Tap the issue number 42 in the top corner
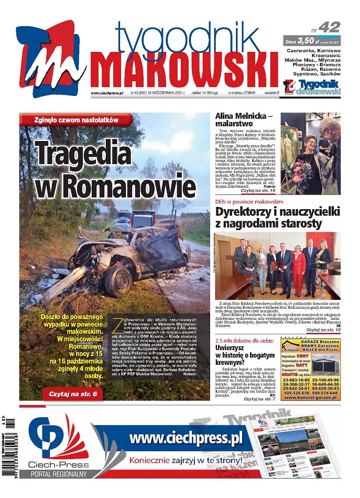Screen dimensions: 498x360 tap(328, 27)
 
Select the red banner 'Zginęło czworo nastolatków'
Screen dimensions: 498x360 tap(74, 120)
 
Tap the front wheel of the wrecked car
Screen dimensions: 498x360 tap(118, 280)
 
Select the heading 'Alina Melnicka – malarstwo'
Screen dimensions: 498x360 tap(244, 120)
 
